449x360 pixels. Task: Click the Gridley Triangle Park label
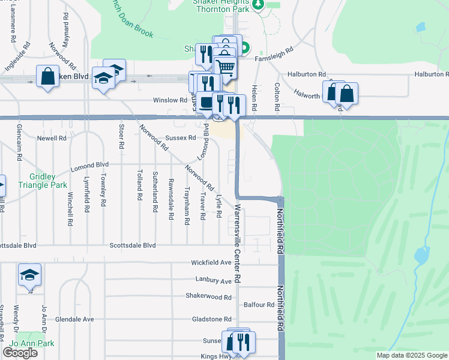51,181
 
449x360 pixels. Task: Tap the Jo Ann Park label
37,344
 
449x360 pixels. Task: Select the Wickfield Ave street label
211,263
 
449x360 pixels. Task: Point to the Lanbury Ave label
213,280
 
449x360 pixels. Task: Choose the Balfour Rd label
259,305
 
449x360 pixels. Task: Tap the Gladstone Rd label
211,319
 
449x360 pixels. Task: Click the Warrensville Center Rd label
238,244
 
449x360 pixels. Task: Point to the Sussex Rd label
181,137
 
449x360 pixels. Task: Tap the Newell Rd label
52,138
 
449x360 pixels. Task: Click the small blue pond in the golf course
422,255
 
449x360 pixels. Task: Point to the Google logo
20,353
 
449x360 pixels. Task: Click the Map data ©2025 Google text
412,355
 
